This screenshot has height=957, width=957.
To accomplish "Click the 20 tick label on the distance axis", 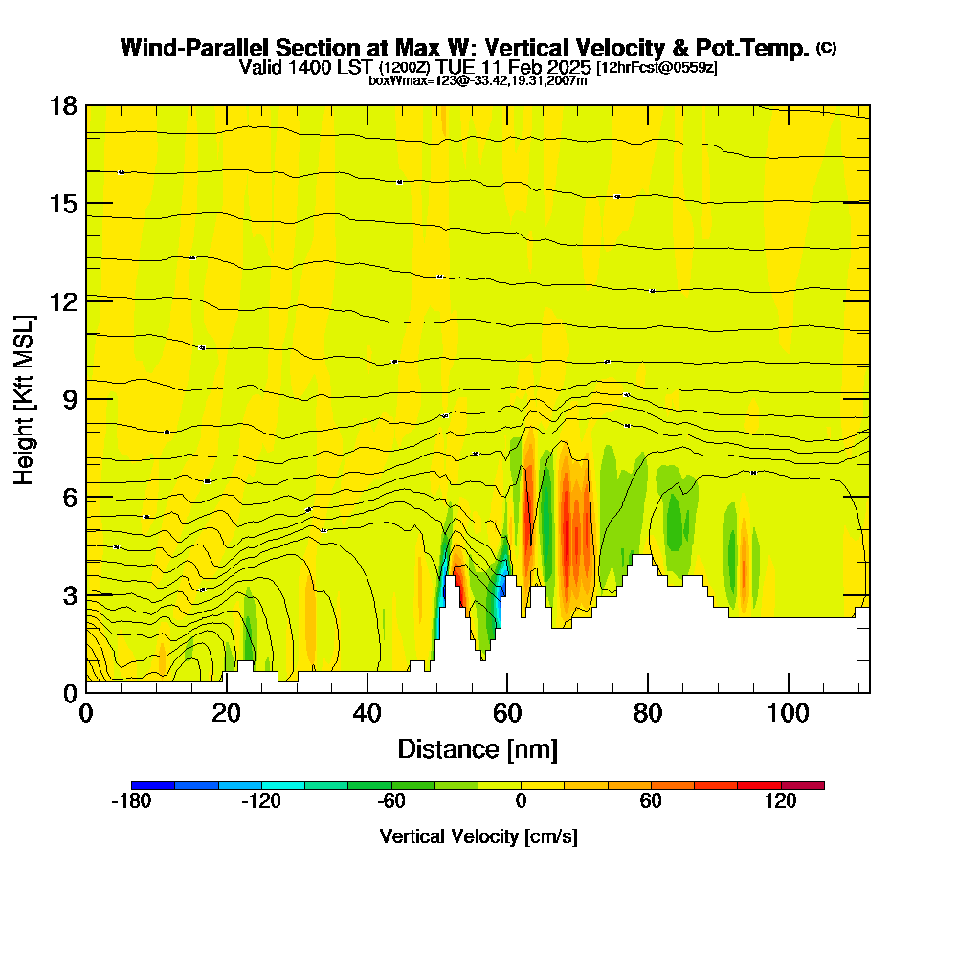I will pyautogui.click(x=226, y=714).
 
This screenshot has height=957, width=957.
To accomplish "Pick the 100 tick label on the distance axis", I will pyautogui.click(x=788, y=714).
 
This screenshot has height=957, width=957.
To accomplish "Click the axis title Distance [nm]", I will pyautogui.click(x=478, y=748).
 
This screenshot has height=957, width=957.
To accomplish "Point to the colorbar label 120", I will pyautogui.click(x=781, y=802).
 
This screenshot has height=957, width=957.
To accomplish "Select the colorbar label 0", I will pyautogui.click(x=521, y=802).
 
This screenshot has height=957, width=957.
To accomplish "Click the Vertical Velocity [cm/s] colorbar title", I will pyautogui.click(x=478, y=836).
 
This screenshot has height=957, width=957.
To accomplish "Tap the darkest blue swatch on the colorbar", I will pyautogui.click(x=153, y=785).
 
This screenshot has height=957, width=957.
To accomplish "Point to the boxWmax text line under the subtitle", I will pyautogui.click(x=478, y=80).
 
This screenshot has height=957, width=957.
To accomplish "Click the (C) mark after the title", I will pyautogui.click(x=826, y=48).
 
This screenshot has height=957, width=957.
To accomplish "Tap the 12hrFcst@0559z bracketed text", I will pyautogui.click(x=657, y=68).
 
